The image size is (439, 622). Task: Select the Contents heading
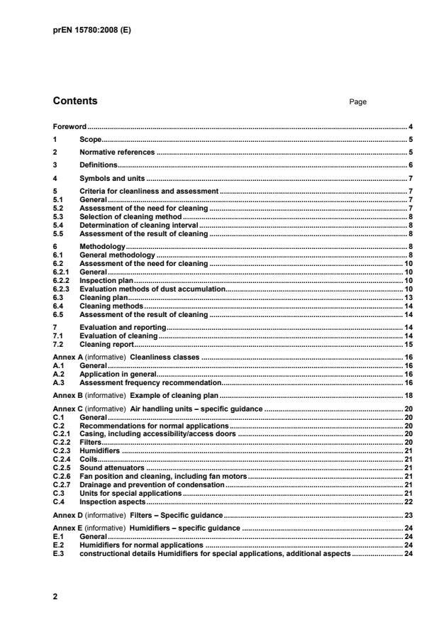pos(75,101)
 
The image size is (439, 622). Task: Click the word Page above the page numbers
pos(357,102)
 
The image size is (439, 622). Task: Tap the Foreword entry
pos(70,126)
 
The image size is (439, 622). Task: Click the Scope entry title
pos(91,139)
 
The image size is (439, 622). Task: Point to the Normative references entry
pos(116,152)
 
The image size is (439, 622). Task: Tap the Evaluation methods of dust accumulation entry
pos(152,289)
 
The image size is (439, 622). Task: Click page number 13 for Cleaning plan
pos(409,297)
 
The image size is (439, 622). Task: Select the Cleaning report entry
pos(106,343)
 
